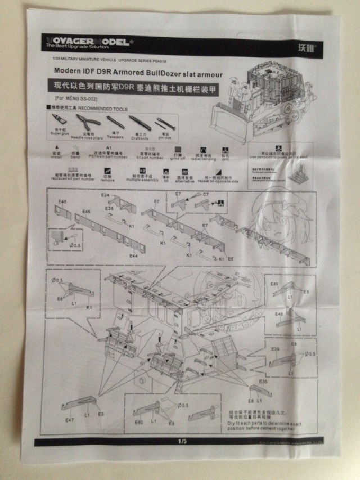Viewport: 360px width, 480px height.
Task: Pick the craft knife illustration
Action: pos(139,122)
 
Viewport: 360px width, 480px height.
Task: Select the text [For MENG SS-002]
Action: pos(71,98)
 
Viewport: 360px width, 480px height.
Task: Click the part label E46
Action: pos(61,201)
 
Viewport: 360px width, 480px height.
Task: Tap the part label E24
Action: pos(105,195)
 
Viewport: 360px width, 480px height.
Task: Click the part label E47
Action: pos(70,420)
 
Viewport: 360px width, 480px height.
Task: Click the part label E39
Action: pos(275,350)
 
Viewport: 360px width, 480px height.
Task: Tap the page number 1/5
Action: pos(182,442)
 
